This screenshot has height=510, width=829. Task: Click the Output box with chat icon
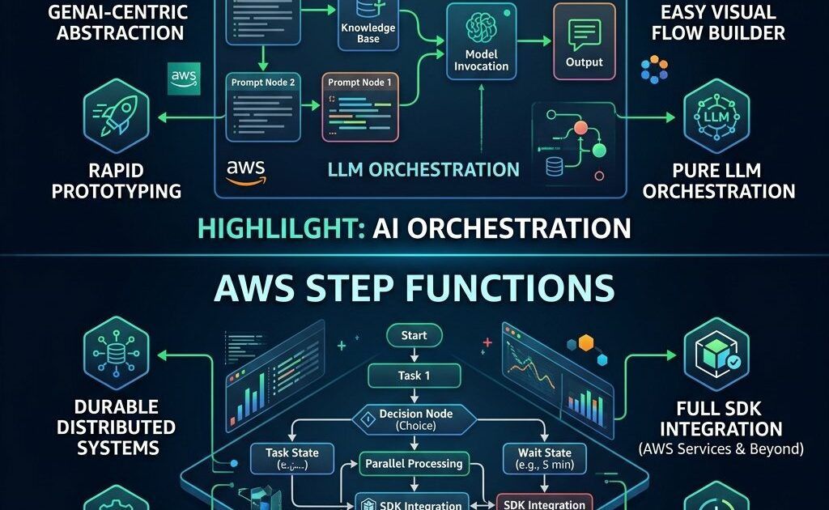point(584,42)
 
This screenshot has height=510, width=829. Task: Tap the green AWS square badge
point(184,79)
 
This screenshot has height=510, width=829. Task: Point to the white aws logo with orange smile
point(246,172)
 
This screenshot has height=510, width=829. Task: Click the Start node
point(414,335)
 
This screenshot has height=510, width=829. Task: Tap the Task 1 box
point(414,376)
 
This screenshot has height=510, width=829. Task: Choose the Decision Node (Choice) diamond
point(414,419)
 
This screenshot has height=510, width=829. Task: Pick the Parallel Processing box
point(414,464)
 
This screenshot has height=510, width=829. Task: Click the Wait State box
point(538,459)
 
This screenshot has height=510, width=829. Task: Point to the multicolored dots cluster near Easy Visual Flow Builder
point(654,70)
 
